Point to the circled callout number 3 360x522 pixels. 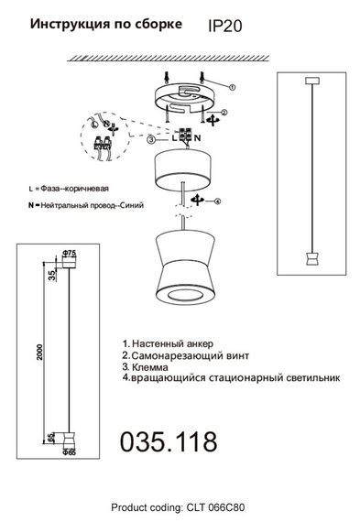click(151, 139)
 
